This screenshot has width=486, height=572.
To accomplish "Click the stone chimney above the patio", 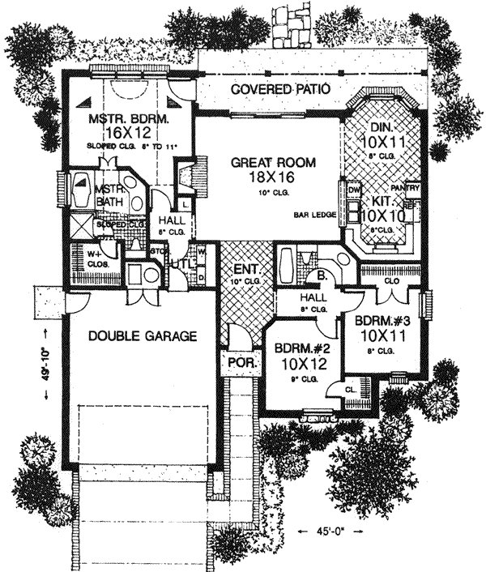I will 289,24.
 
